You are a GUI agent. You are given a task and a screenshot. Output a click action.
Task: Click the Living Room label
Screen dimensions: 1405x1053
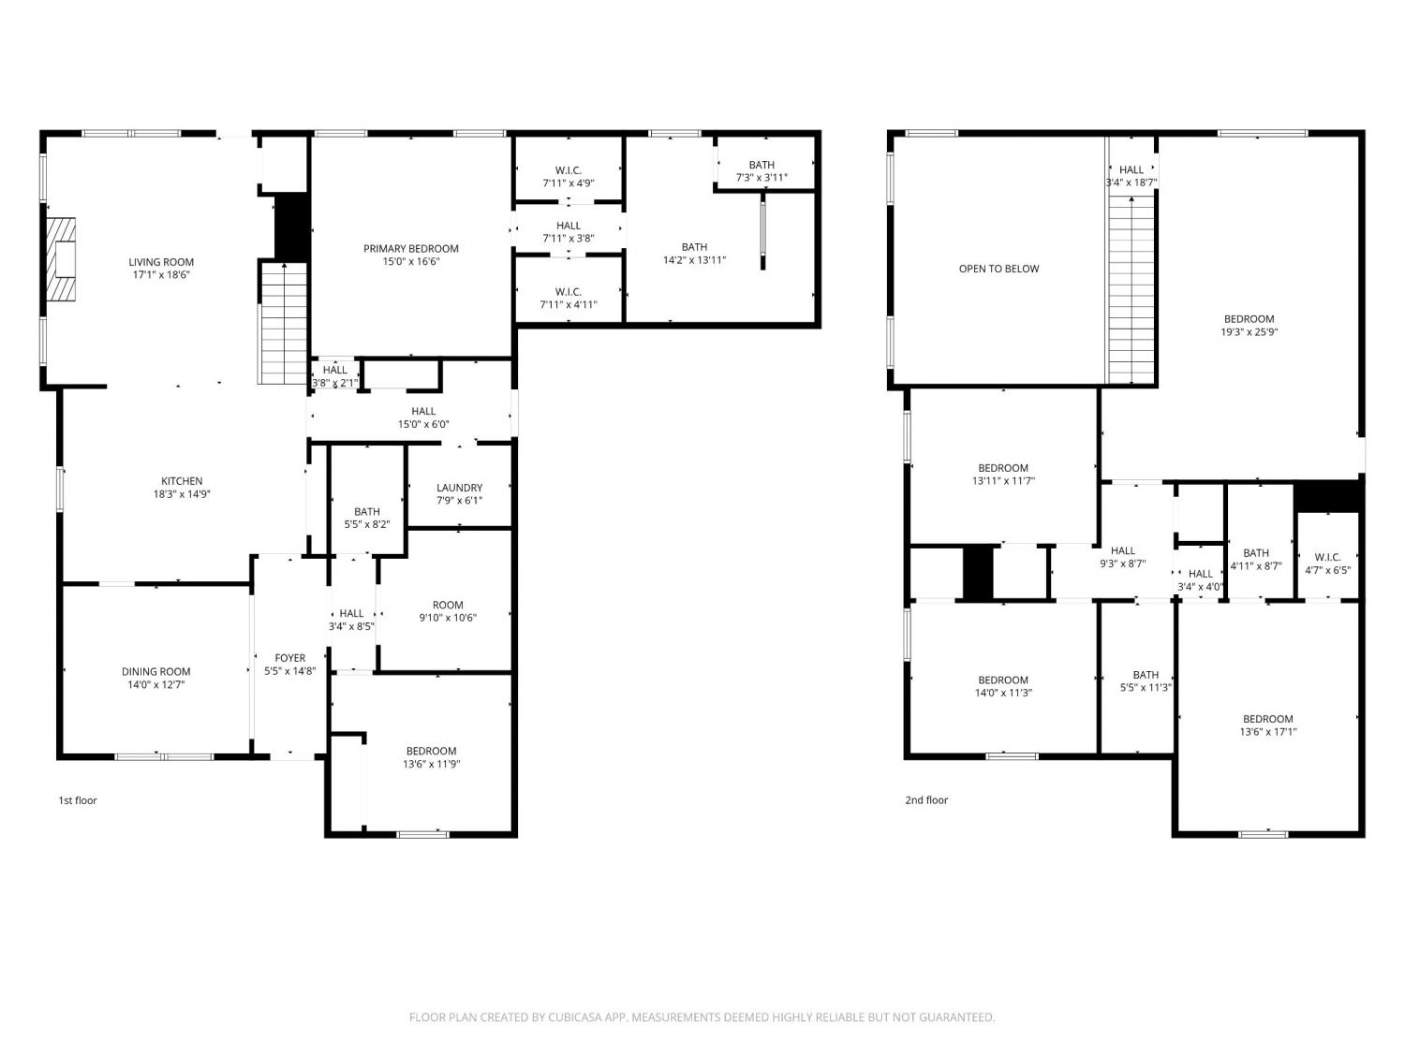[x=161, y=262]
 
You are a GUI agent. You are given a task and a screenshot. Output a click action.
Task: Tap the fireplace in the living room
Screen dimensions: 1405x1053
[x=61, y=259]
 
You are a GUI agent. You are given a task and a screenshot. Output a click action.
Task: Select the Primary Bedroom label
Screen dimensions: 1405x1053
[x=411, y=249]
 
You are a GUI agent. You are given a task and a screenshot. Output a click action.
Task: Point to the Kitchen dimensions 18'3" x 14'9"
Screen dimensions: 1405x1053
[x=182, y=494]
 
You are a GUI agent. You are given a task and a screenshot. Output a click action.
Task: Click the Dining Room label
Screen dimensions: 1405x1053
[x=156, y=672]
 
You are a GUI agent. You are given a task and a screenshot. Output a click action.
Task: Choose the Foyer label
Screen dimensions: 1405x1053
[x=290, y=658]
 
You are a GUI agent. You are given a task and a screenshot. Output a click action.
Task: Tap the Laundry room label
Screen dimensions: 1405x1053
[x=460, y=488]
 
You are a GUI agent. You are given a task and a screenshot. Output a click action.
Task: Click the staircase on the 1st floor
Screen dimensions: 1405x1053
[x=283, y=324]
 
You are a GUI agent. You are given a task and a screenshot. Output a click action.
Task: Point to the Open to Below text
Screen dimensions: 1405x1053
[x=998, y=270]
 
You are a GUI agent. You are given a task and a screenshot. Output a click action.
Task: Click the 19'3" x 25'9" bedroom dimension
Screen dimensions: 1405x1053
[x=1249, y=332]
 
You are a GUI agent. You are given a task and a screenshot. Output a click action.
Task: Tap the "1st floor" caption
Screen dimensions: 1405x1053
[x=78, y=800]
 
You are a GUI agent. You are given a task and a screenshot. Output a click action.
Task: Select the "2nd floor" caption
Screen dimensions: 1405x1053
[x=926, y=800]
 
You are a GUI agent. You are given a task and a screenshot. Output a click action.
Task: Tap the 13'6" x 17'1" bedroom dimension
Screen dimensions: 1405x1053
[x=1268, y=732]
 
